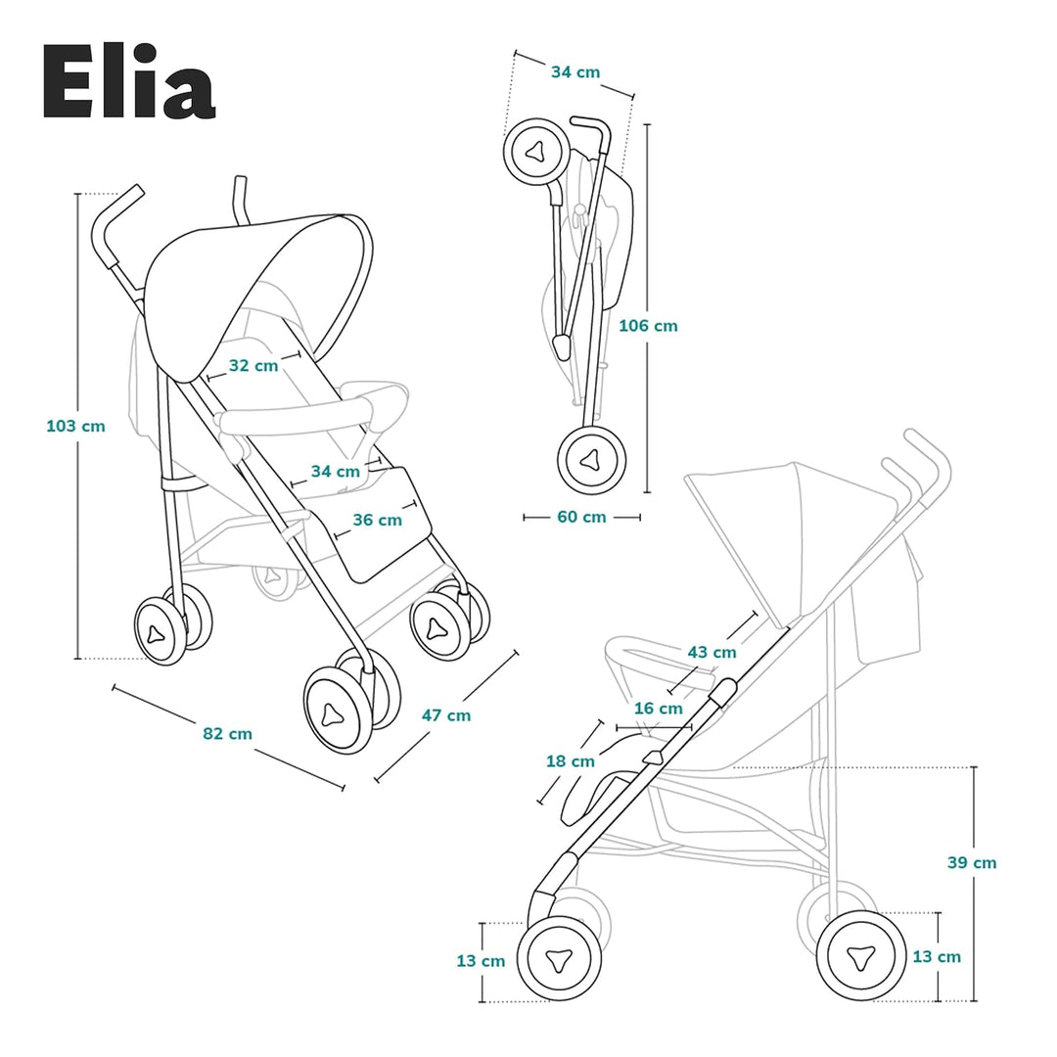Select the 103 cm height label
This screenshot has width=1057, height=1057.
coord(75,426)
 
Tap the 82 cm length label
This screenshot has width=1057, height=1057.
coord(227,733)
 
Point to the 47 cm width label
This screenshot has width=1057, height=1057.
coord(445,715)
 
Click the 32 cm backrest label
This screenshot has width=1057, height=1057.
coord(253,365)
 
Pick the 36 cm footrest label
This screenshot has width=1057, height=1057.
coord(377,520)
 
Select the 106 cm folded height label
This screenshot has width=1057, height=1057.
coord(648,326)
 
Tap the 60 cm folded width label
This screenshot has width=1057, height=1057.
coord(581,517)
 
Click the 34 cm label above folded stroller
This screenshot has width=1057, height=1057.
coord(575,72)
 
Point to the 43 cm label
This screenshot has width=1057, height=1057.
coord(712,652)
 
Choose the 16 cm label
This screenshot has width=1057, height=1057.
coord(658,708)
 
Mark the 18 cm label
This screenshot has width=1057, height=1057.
coord(570,760)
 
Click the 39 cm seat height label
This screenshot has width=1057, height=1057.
coord(972,862)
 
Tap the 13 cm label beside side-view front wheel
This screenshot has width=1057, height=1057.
coord(481,961)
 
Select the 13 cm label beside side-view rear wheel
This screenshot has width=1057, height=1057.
coord(937,956)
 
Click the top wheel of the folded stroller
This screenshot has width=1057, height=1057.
coord(535,152)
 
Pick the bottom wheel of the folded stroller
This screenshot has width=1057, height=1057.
coord(591,460)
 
